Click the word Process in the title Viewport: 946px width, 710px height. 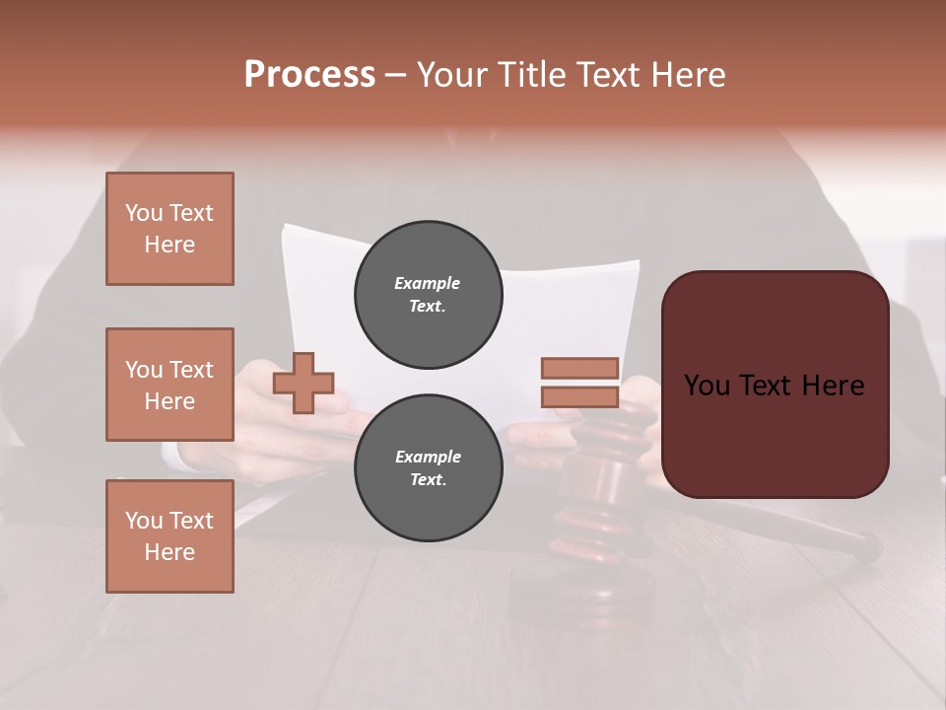tap(309, 74)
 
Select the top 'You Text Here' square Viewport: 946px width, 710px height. tap(169, 229)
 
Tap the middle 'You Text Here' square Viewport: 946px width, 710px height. tap(169, 385)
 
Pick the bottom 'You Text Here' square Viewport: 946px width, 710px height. tap(169, 535)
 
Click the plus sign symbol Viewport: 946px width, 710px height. tap(304, 383)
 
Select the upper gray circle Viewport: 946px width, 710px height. tap(428, 295)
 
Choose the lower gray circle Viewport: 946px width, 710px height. tap(428, 468)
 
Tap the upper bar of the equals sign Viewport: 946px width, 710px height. tap(579, 369)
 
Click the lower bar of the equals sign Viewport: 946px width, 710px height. tap(579, 396)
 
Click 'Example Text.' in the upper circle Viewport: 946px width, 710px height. tap(428, 295)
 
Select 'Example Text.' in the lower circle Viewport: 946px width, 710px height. tap(428, 468)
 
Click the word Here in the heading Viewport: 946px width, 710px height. tap(689, 75)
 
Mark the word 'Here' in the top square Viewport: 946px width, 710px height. tap(169, 245)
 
